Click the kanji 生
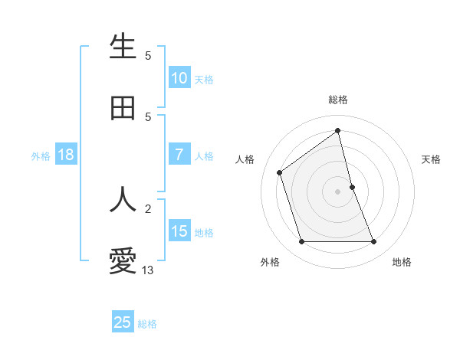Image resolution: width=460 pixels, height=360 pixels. click(x=123, y=47)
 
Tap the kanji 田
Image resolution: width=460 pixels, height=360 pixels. click(x=123, y=109)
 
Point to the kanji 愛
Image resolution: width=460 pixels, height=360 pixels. click(x=123, y=261)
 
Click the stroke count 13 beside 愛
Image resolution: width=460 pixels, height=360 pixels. click(x=148, y=270)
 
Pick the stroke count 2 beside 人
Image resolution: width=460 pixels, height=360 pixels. click(x=148, y=208)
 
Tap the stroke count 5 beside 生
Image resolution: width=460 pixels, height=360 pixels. click(x=148, y=55)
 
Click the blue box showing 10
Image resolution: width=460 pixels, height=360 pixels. click(x=179, y=78)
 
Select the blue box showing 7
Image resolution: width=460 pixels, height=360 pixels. click(x=179, y=155)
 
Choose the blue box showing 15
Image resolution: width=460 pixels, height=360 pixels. click(x=179, y=231)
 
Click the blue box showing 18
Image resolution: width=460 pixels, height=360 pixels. click(x=66, y=155)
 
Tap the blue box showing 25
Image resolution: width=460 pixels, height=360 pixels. click(x=123, y=322)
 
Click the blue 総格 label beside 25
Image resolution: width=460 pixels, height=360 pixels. click(x=148, y=324)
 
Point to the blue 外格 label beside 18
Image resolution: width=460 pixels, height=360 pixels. click(x=41, y=156)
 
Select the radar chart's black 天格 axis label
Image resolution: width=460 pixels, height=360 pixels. click(x=431, y=159)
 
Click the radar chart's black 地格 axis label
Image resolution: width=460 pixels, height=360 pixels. click(x=402, y=262)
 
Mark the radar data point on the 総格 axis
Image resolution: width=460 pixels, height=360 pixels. click(x=338, y=130)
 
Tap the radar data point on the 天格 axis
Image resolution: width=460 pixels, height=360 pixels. click(x=353, y=186)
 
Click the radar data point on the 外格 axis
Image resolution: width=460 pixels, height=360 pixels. click(x=301, y=242)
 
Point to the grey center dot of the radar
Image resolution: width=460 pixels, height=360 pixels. click(x=338, y=191)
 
